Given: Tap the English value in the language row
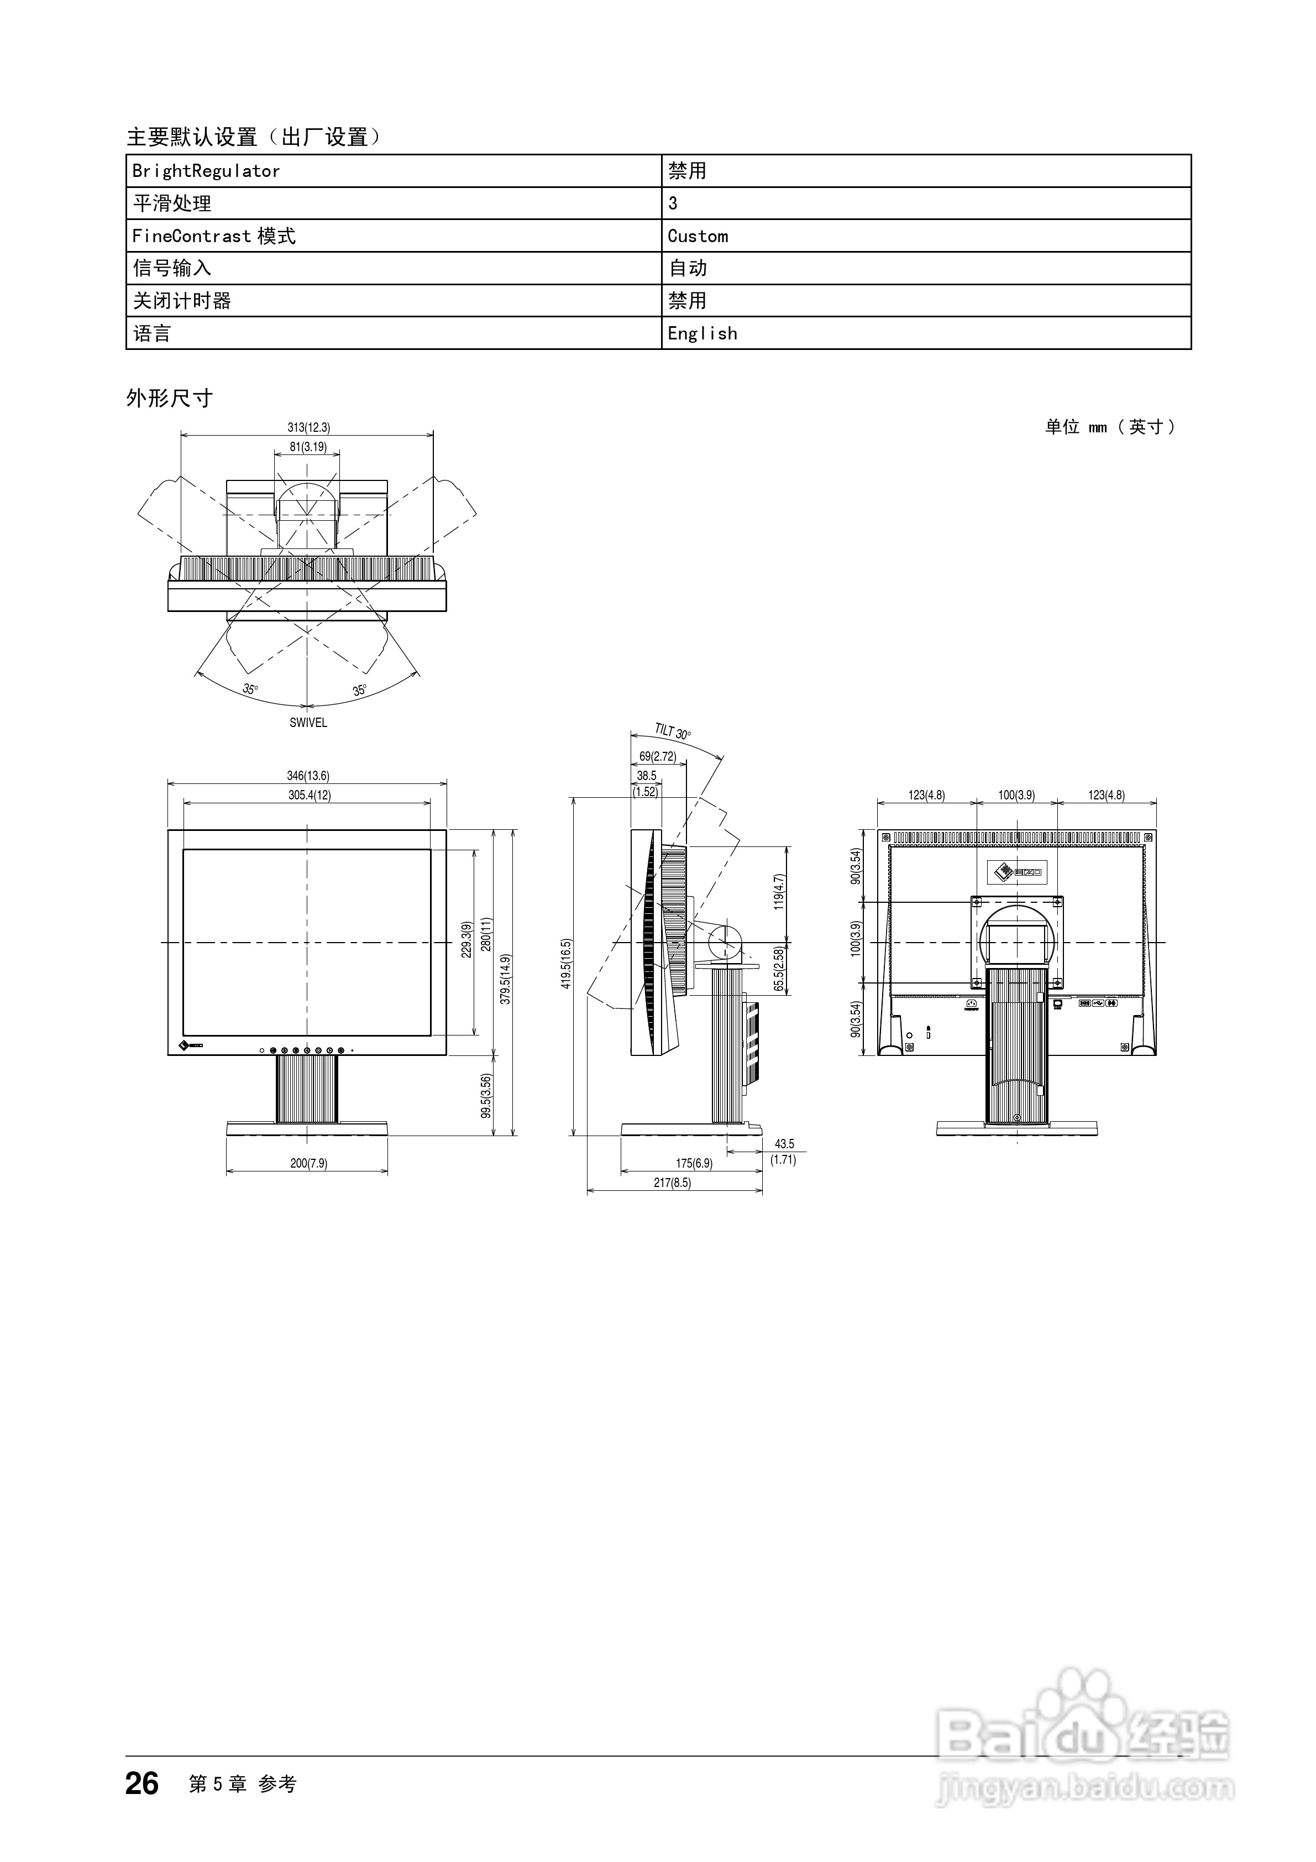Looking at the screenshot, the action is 702,333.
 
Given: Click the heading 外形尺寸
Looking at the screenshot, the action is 170,398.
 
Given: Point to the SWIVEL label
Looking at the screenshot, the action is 308,723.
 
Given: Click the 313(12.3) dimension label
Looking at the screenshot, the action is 308,427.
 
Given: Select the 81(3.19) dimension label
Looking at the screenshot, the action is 308,447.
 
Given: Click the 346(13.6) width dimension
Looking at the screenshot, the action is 308,776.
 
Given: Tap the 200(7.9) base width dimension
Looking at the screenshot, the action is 308,1163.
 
